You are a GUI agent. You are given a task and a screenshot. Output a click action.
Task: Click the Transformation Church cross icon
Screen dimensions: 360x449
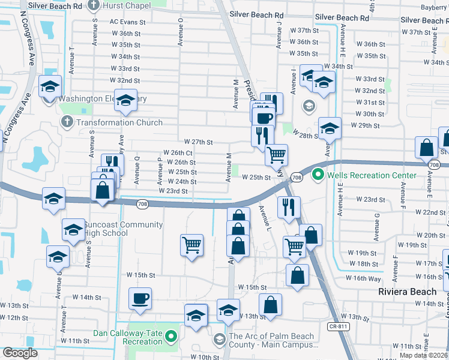click(67, 122)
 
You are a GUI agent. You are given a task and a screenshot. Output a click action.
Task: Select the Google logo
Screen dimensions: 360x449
click(20, 353)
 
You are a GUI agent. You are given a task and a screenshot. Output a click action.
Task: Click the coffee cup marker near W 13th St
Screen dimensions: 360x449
click(140, 298)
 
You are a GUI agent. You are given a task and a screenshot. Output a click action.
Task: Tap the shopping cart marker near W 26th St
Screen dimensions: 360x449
click(276, 155)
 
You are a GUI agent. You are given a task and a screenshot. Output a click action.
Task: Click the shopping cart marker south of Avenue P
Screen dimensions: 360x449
click(191, 244)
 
